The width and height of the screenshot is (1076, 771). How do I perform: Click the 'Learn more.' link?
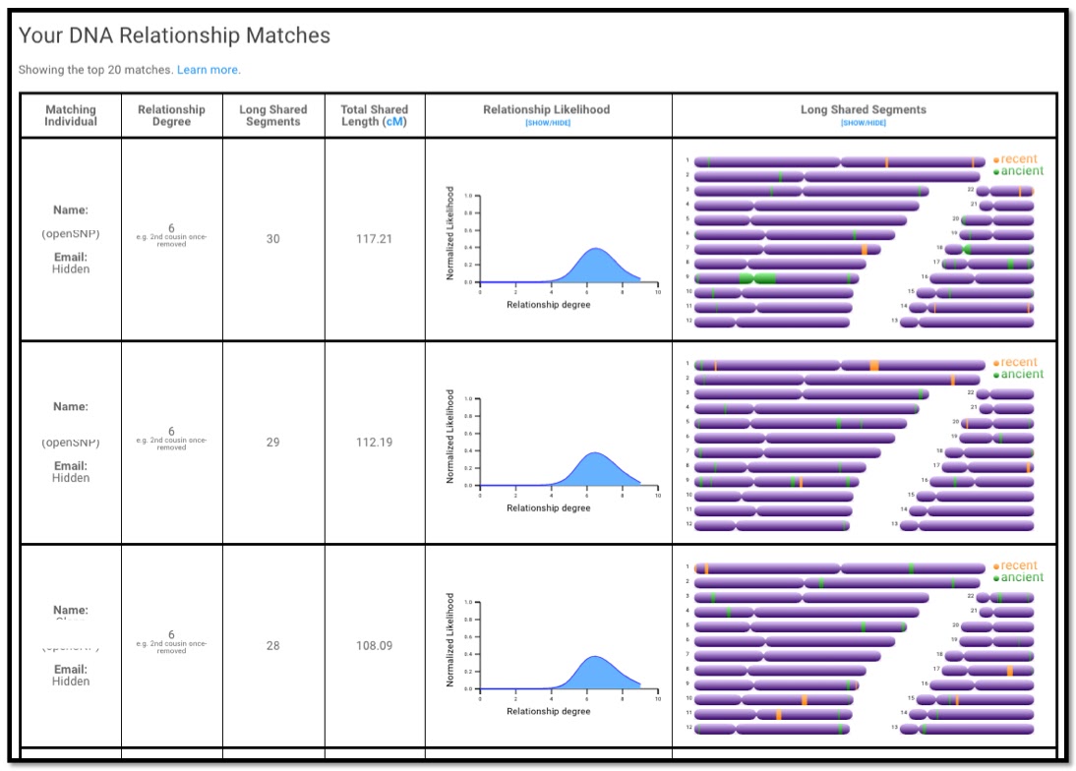[x=209, y=70]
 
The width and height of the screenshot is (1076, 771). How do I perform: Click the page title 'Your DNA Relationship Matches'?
[x=174, y=36]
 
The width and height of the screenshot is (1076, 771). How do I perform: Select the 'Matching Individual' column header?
[x=71, y=115]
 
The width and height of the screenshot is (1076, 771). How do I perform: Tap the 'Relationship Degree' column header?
[x=171, y=115]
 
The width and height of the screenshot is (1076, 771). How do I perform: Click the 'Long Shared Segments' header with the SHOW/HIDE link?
[x=863, y=110]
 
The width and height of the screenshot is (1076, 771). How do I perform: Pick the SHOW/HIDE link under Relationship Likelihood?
[x=548, y=123]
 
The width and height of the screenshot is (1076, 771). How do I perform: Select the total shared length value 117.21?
[x=374, y=239]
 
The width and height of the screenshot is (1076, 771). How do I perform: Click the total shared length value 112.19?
[x=374, y=443]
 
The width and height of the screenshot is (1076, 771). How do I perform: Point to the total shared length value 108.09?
[x=374, y=646]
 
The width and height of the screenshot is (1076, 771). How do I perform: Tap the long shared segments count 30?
[x=273, y=239]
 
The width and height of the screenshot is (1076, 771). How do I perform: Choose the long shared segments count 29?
[x=273, y=443]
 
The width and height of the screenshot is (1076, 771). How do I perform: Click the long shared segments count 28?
[x=273, y=646]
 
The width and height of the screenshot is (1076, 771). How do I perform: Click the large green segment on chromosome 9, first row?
[x=757, y=278]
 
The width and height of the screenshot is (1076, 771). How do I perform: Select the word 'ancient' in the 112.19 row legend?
[x=1022, y=375]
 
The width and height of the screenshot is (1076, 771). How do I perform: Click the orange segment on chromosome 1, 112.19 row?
[x=874, y=366]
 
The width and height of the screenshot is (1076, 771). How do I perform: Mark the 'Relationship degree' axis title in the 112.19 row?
[x=548, y=508]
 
